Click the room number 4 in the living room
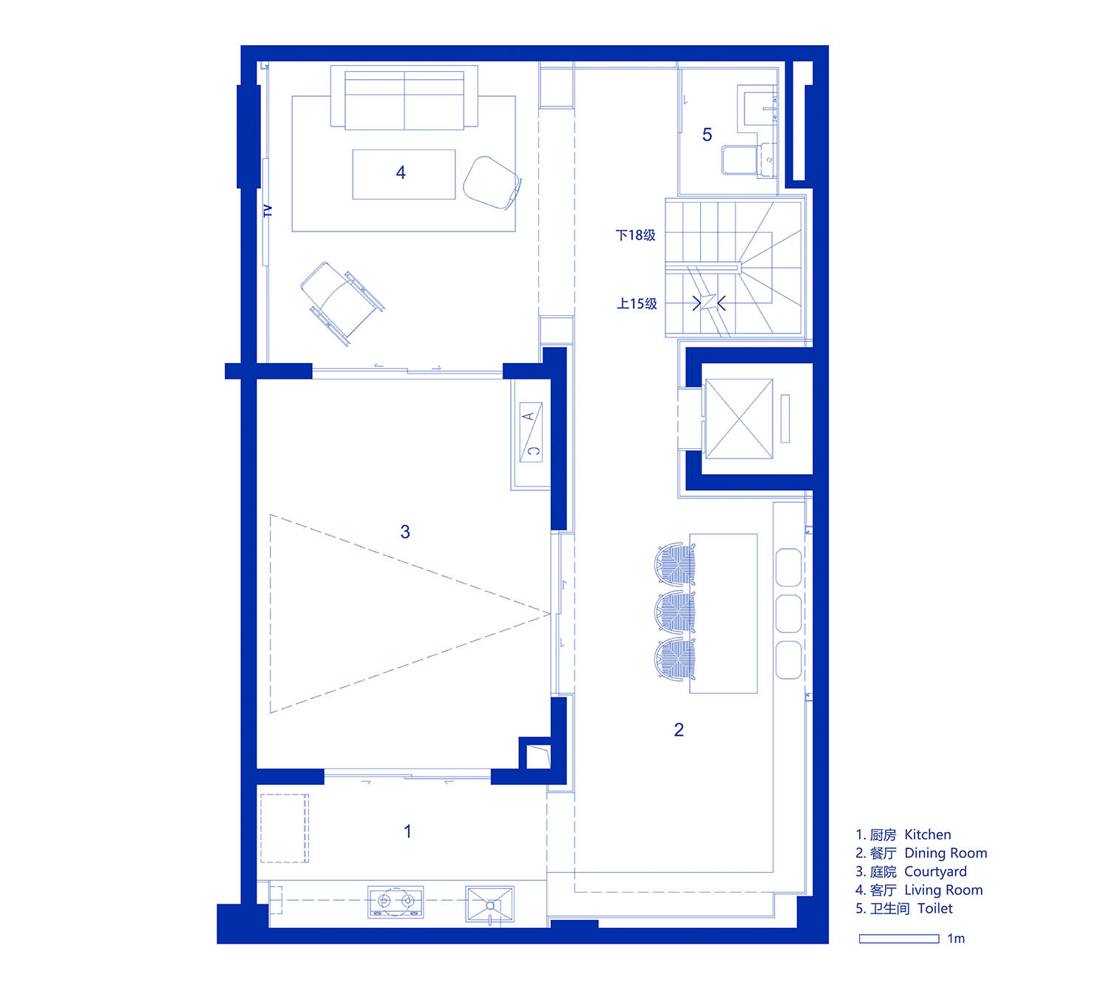pyautogui.click(x=401, y=172)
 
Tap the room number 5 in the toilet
pyautogui.click(x=707, y=135)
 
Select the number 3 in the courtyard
pyautogui.click(x=405, y=532)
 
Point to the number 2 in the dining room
pyautogui.click(x=679, y=729)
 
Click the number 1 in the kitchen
pyautogui.click(x=407, y=832)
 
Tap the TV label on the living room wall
pyautogui.click(x=268, y=211)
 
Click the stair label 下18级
pyautogui.click(x=636, y=235)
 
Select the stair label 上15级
pyautogui.click(x=637, y=303)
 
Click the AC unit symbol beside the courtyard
pyautogui.click(x=530, y=432)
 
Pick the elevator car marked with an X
pyautogui.click(x=739, y=419)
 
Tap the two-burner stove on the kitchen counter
pyautogui.click(x=396, y=902)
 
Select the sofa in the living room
pyautogui.click(x=404, y=98)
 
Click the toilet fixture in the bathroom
pyautogui.click(x=748, y=160)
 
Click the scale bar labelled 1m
pyautogui.click(x=899, y=939)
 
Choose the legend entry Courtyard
pyautogui.click(x=912, y=871)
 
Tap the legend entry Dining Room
pyautogui.click(x=921, y=853)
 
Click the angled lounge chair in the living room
pyautogui.click(x=342, y=303)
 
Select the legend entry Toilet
pyautogui.click(x=903, y=908)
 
